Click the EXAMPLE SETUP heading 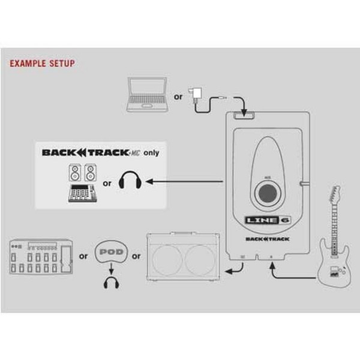(x=43, y=63)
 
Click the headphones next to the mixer (x=129, y=181)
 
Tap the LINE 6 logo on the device (x=263, y=221)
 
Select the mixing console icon (x=80, y=195)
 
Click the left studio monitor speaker (x=72, y=173)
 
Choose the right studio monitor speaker (x=89, y=173)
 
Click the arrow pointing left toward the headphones (x=180, y=180)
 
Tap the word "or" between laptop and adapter (x=178, y=97)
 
